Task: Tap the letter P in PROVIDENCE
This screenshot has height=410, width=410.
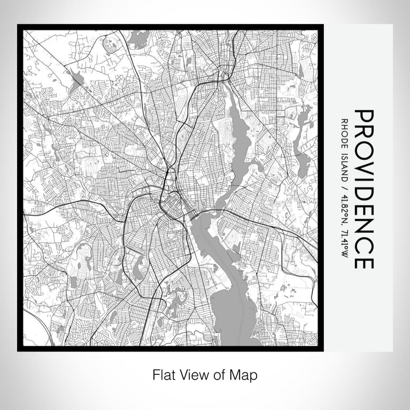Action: (x=364, y=116)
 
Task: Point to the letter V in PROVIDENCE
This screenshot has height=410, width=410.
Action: (x=364, y=165)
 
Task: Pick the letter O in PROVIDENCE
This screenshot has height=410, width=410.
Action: (x=364, y=148)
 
